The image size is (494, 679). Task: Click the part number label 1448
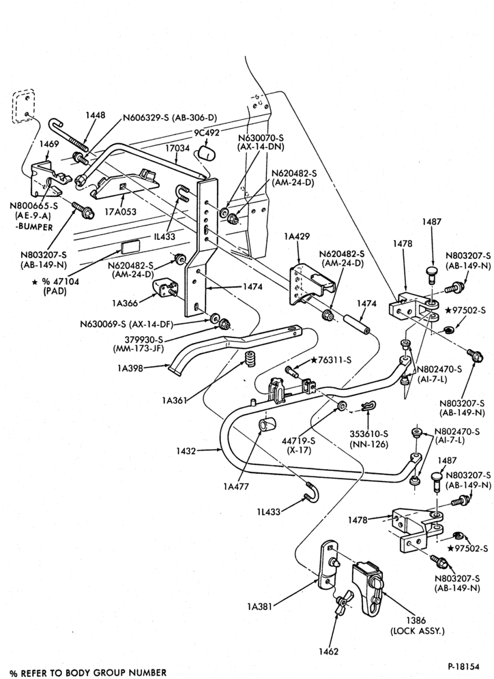(95, 115)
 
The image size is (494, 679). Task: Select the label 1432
(186, 451)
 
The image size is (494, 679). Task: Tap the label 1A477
(236, 486)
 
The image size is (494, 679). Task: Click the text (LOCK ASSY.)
(418, 631)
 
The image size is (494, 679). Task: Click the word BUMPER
(38, 227)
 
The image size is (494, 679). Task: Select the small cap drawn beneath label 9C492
(206, 153)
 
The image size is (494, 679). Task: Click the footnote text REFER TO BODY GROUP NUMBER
(93, 673)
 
